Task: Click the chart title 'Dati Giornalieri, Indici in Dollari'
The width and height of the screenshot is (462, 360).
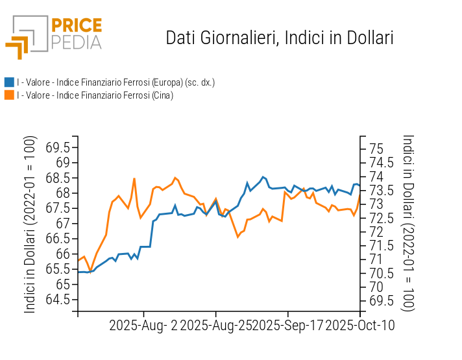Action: (x=280, y=38)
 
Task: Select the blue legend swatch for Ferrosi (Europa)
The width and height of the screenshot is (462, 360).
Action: (x=9, y=82)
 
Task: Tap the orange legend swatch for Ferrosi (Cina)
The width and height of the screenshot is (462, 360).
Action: (x=9, y=95)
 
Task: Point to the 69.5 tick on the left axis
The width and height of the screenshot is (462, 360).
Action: (x=58, y=147)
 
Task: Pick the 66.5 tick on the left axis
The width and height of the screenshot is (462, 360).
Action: (x=58, y=239)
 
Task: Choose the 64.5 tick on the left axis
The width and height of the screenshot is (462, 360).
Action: (x=58, y=300)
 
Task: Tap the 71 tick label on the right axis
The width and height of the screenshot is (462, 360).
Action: (x=375, y=259)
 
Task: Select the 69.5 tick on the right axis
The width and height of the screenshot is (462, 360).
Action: (x=381, y=300)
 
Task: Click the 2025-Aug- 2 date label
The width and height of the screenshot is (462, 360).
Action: (x=143, y=324)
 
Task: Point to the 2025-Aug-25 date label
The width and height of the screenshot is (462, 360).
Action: (x=216, y=324)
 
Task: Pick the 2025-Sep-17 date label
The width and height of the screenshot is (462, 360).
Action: (x=288, y=324)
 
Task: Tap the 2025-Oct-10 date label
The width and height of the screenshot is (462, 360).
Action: (x=359, y=324)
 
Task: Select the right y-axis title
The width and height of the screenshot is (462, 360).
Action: (x=408, y=223)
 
